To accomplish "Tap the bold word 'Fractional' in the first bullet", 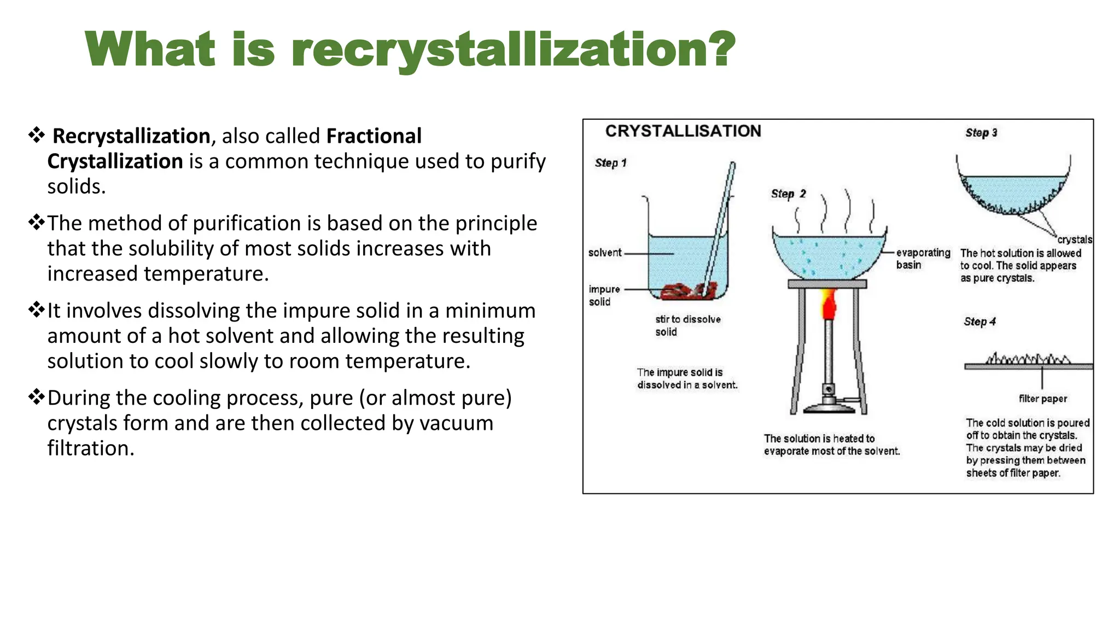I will pos(374,136).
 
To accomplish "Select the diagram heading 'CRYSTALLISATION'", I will pos(683,131).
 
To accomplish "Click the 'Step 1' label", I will pos(610,163).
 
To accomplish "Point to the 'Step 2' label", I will pos(788,194).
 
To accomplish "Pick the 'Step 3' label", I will pos(981,133).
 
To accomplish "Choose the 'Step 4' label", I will pos(979,322).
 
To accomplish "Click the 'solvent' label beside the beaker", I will pos(605,253).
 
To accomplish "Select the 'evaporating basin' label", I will pos(923,259).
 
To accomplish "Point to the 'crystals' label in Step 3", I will pos(1074,240).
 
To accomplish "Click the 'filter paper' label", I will pos(1042,399).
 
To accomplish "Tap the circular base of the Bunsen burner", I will pos(829,407).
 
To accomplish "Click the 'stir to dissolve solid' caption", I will pos(687,325).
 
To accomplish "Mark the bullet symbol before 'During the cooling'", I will pos(37,396).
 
